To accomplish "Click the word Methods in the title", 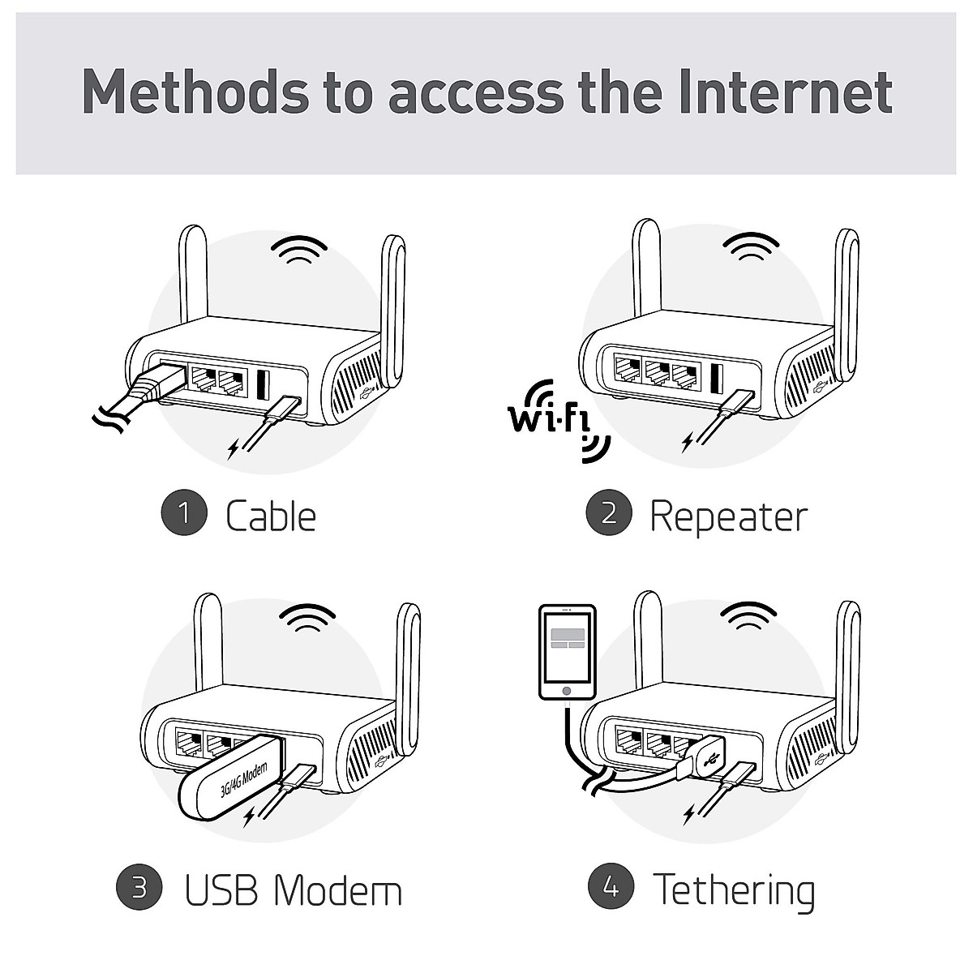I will click(195, 92).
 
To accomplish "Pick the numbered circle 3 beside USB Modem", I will click(139, 888).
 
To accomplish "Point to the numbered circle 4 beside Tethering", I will click(611, 888).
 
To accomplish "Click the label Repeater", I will click(728, 517).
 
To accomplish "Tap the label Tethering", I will click(734, 890).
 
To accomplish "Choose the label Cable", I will click(270, 516).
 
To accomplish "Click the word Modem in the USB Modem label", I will click(337, 889).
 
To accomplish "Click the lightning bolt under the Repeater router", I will click(688, 442).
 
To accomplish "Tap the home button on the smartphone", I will click(567, 691).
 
